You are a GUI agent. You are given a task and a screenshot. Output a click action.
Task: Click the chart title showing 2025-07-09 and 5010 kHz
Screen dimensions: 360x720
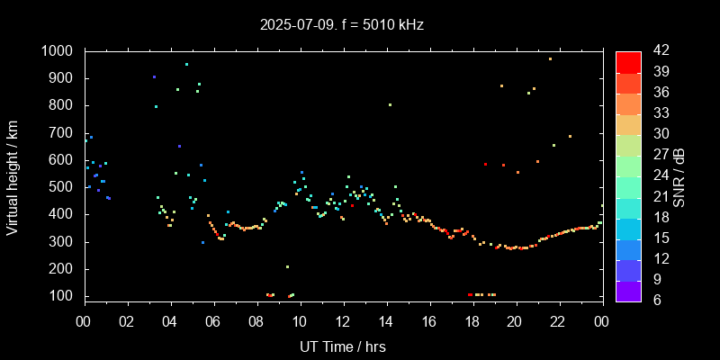[x=342, y=25]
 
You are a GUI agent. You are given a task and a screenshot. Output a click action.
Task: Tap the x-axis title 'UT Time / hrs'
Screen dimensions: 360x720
[x=343, y=346]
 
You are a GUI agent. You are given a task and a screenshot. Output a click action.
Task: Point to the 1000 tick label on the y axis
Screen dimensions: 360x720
[x=59, y=51]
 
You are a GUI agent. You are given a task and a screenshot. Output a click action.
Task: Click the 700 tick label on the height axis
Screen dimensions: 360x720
[x=63, y=133]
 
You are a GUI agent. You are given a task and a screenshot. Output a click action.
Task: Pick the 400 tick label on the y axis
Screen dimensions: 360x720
[x=63, y=214]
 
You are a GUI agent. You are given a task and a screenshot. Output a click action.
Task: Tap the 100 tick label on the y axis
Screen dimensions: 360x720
[x=63, y=296]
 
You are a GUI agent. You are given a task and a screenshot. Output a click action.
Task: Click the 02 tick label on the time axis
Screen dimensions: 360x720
[x=127, y=322]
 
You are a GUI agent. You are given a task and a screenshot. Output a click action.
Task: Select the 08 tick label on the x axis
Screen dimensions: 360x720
[x=256, y=322]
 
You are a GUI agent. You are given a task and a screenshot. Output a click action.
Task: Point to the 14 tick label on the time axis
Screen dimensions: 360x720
[x=386, y=322]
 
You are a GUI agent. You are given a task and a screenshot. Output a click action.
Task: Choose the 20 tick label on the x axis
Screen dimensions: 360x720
[x=516, y=322]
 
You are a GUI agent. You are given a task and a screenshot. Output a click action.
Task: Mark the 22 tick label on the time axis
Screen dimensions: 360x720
[x=559, y=322]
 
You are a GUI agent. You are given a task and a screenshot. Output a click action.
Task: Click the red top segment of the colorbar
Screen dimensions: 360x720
[x=628, y=61]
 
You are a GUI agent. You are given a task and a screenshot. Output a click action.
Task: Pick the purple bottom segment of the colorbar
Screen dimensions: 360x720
[x=628, y=290]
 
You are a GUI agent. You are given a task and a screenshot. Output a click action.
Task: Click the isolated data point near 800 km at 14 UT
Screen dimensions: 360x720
[x=390, y=105]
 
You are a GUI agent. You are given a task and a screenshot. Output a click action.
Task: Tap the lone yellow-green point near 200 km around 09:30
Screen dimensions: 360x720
[x=287, y=267]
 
